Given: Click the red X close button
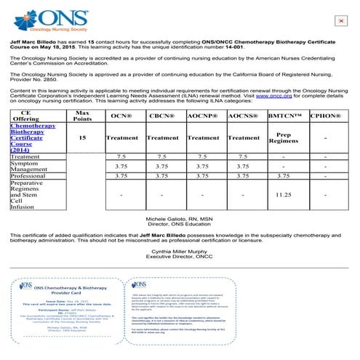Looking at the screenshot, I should coord(340,21).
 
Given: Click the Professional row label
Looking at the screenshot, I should coord(29,175).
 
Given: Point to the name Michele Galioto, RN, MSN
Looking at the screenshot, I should coord(180,217).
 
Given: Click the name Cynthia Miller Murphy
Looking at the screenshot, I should coord(180,251).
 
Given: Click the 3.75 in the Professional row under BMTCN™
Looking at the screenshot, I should coord(284,175).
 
